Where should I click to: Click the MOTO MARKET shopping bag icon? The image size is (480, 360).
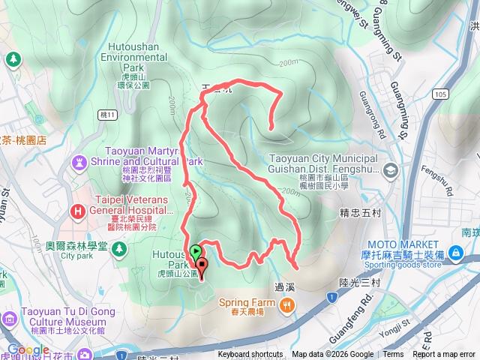click(x=454, y=255)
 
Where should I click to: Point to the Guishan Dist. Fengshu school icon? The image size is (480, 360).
click(x=390, y=170)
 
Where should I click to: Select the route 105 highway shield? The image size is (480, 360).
click(x=442, y=94)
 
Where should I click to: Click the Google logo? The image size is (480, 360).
click(x=28, y=350)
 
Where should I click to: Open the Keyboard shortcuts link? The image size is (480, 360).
click(x=250, y=355)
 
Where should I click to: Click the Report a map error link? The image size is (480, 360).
click(x=444, y=355)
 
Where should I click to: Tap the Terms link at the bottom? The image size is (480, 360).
click(x=393, y=355)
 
